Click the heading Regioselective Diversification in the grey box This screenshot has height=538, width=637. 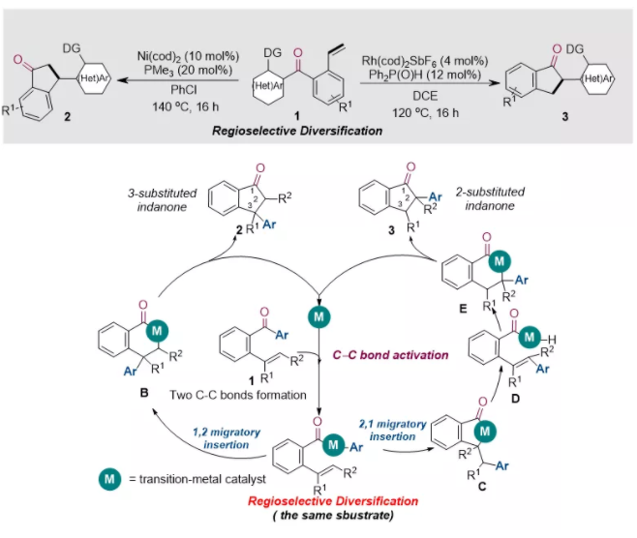(x=298, y=128)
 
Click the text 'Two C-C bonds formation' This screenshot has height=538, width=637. (x=256, y=396)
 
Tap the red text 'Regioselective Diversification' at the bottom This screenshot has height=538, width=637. (x=318, y=500)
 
